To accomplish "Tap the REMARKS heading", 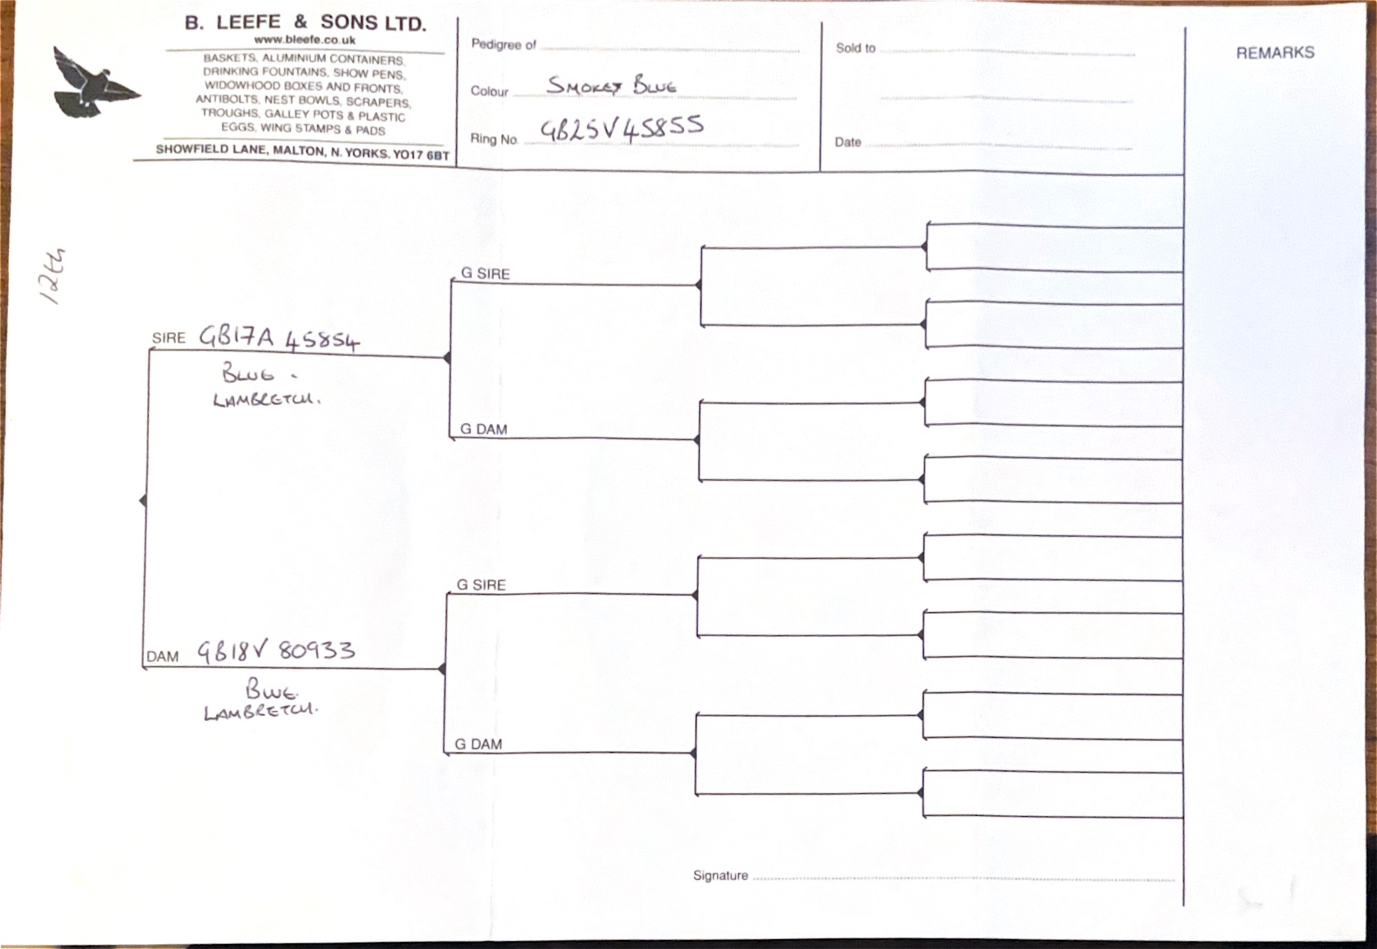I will [x=1275, y=53].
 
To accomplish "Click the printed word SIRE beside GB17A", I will [x=169, y=338].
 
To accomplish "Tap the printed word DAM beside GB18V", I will [x=162, y=657].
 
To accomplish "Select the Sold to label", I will [x=855, y=48].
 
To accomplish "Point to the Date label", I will [x=848, y=142].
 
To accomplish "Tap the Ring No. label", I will [x=494, y=139].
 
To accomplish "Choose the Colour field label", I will [x=489, y=91].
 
